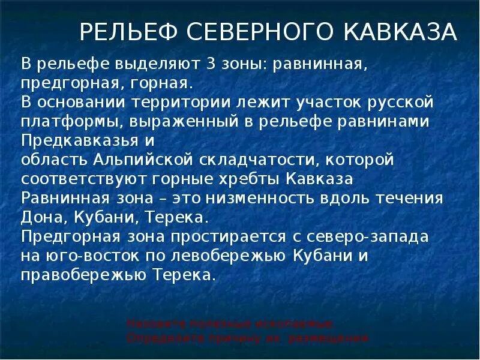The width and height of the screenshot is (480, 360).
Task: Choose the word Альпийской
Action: (141, 160)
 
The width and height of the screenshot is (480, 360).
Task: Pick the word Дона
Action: (38, 217)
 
